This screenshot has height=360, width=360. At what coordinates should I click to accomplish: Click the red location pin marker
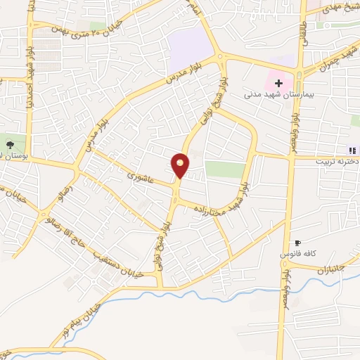pyautogui.click(x=181, y=165)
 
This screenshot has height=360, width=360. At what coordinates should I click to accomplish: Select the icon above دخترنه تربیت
pyautogui.click(x=352, y=149)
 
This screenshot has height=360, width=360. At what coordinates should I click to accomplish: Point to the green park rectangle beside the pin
pyautogui.click(x=225, y=169)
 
